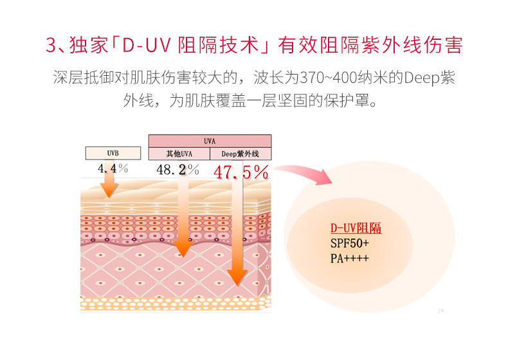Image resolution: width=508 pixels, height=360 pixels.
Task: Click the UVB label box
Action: coord(113,153)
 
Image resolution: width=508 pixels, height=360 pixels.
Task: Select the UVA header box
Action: coord(210,141)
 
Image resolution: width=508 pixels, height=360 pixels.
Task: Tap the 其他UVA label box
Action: coord(179,154)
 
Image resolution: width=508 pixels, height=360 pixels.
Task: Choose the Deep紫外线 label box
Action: coord(240,154)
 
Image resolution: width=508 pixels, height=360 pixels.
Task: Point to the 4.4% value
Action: coord(113,168)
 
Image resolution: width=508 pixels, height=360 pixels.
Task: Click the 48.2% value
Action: coord(177,170)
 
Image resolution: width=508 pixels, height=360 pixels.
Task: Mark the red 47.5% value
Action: coord(241,172)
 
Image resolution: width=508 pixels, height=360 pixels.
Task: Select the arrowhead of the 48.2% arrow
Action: coord(183,249)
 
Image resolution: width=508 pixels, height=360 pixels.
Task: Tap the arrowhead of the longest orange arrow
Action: coord(237,277)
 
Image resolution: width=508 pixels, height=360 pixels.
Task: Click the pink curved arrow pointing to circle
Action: coord(303,174)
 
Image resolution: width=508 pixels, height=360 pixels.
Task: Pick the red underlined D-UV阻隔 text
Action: coord(356,228)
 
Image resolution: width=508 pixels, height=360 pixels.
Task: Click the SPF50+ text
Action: coord(350,243)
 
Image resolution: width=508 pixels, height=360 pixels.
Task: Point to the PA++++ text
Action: coord(350,258)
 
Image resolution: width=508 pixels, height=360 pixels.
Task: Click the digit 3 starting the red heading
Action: coord(51,45)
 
